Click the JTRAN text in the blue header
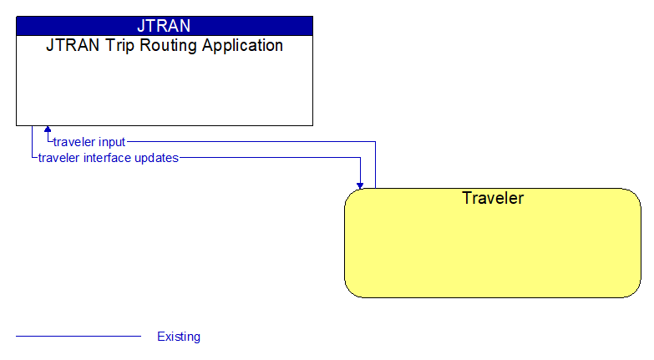[164, 26]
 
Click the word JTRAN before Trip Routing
[65, 45]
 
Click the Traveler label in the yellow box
[492, 198]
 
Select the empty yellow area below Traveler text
[492, 251]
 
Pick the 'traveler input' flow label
[89, 142]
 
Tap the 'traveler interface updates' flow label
[108, 157]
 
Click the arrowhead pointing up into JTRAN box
[48, 129]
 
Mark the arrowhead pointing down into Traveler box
[360, 185]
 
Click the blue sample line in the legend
[78, 337]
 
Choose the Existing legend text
[179, 337]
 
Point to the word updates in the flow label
[160, 157]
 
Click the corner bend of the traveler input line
[375, 142]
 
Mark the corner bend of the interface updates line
[360, 157]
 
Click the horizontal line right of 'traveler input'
[251, 142]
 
